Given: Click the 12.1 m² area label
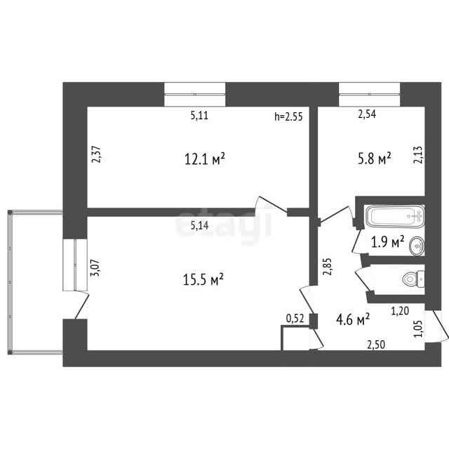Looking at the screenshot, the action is (x=204, y=159).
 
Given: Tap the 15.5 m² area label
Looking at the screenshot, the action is (x=203, y=279).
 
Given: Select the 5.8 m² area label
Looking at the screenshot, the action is (x=374, y=158).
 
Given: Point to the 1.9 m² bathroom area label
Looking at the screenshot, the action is (x=388, y=242).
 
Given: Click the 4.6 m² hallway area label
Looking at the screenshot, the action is (x=353, y=319).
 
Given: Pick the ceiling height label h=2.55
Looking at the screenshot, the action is (x=288, y=116).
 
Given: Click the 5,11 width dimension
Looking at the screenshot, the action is (x=199, y=116).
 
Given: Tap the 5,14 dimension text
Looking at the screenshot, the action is (x=199, y=226).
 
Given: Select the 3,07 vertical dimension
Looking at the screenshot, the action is (x=95, y=268).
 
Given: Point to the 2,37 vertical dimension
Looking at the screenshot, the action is (x=96, y=154).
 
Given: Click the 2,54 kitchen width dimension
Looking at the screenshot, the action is (x=367, y=114).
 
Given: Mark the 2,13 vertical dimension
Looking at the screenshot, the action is (x=417, y=154).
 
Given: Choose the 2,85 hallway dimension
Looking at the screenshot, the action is (x=327, y=267).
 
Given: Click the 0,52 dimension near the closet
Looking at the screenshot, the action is (x=295, y=319).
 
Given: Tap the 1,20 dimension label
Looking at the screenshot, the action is (x=400, y=311).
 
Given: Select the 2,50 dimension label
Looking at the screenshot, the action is (x=376, y=344).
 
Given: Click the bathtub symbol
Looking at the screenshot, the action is (x=396, y=216).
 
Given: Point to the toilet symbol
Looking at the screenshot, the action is (x=413, y=279).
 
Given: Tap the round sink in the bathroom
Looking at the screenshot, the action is (x=417, y=246).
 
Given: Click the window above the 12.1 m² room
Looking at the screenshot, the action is (x=195, y=95).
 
